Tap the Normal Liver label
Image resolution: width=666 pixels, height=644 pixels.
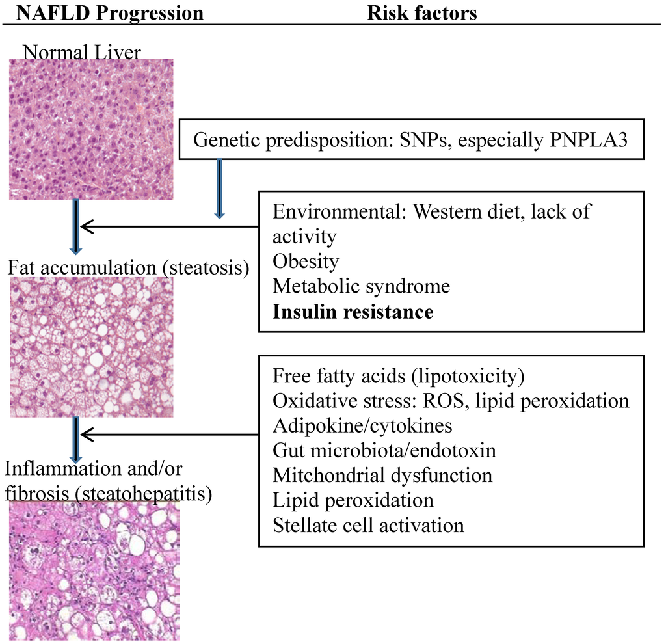point(82,52)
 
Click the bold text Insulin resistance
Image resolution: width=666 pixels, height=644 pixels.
point(353,312)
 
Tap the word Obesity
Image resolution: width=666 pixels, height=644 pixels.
point(306,262)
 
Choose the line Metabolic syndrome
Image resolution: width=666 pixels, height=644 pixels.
point(361,286)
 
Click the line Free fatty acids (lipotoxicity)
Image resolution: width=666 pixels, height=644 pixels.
point(399,376)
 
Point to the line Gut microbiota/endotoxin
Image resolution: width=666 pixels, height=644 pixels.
point(384,451)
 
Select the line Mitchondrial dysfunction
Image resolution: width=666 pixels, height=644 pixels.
point(382,476)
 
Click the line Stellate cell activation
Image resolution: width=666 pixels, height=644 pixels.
point(368,525)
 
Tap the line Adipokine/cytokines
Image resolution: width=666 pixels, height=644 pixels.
point(362,426)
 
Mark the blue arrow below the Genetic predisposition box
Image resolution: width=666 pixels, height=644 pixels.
point(219,189)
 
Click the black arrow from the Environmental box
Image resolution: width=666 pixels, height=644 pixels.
point(169,226)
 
